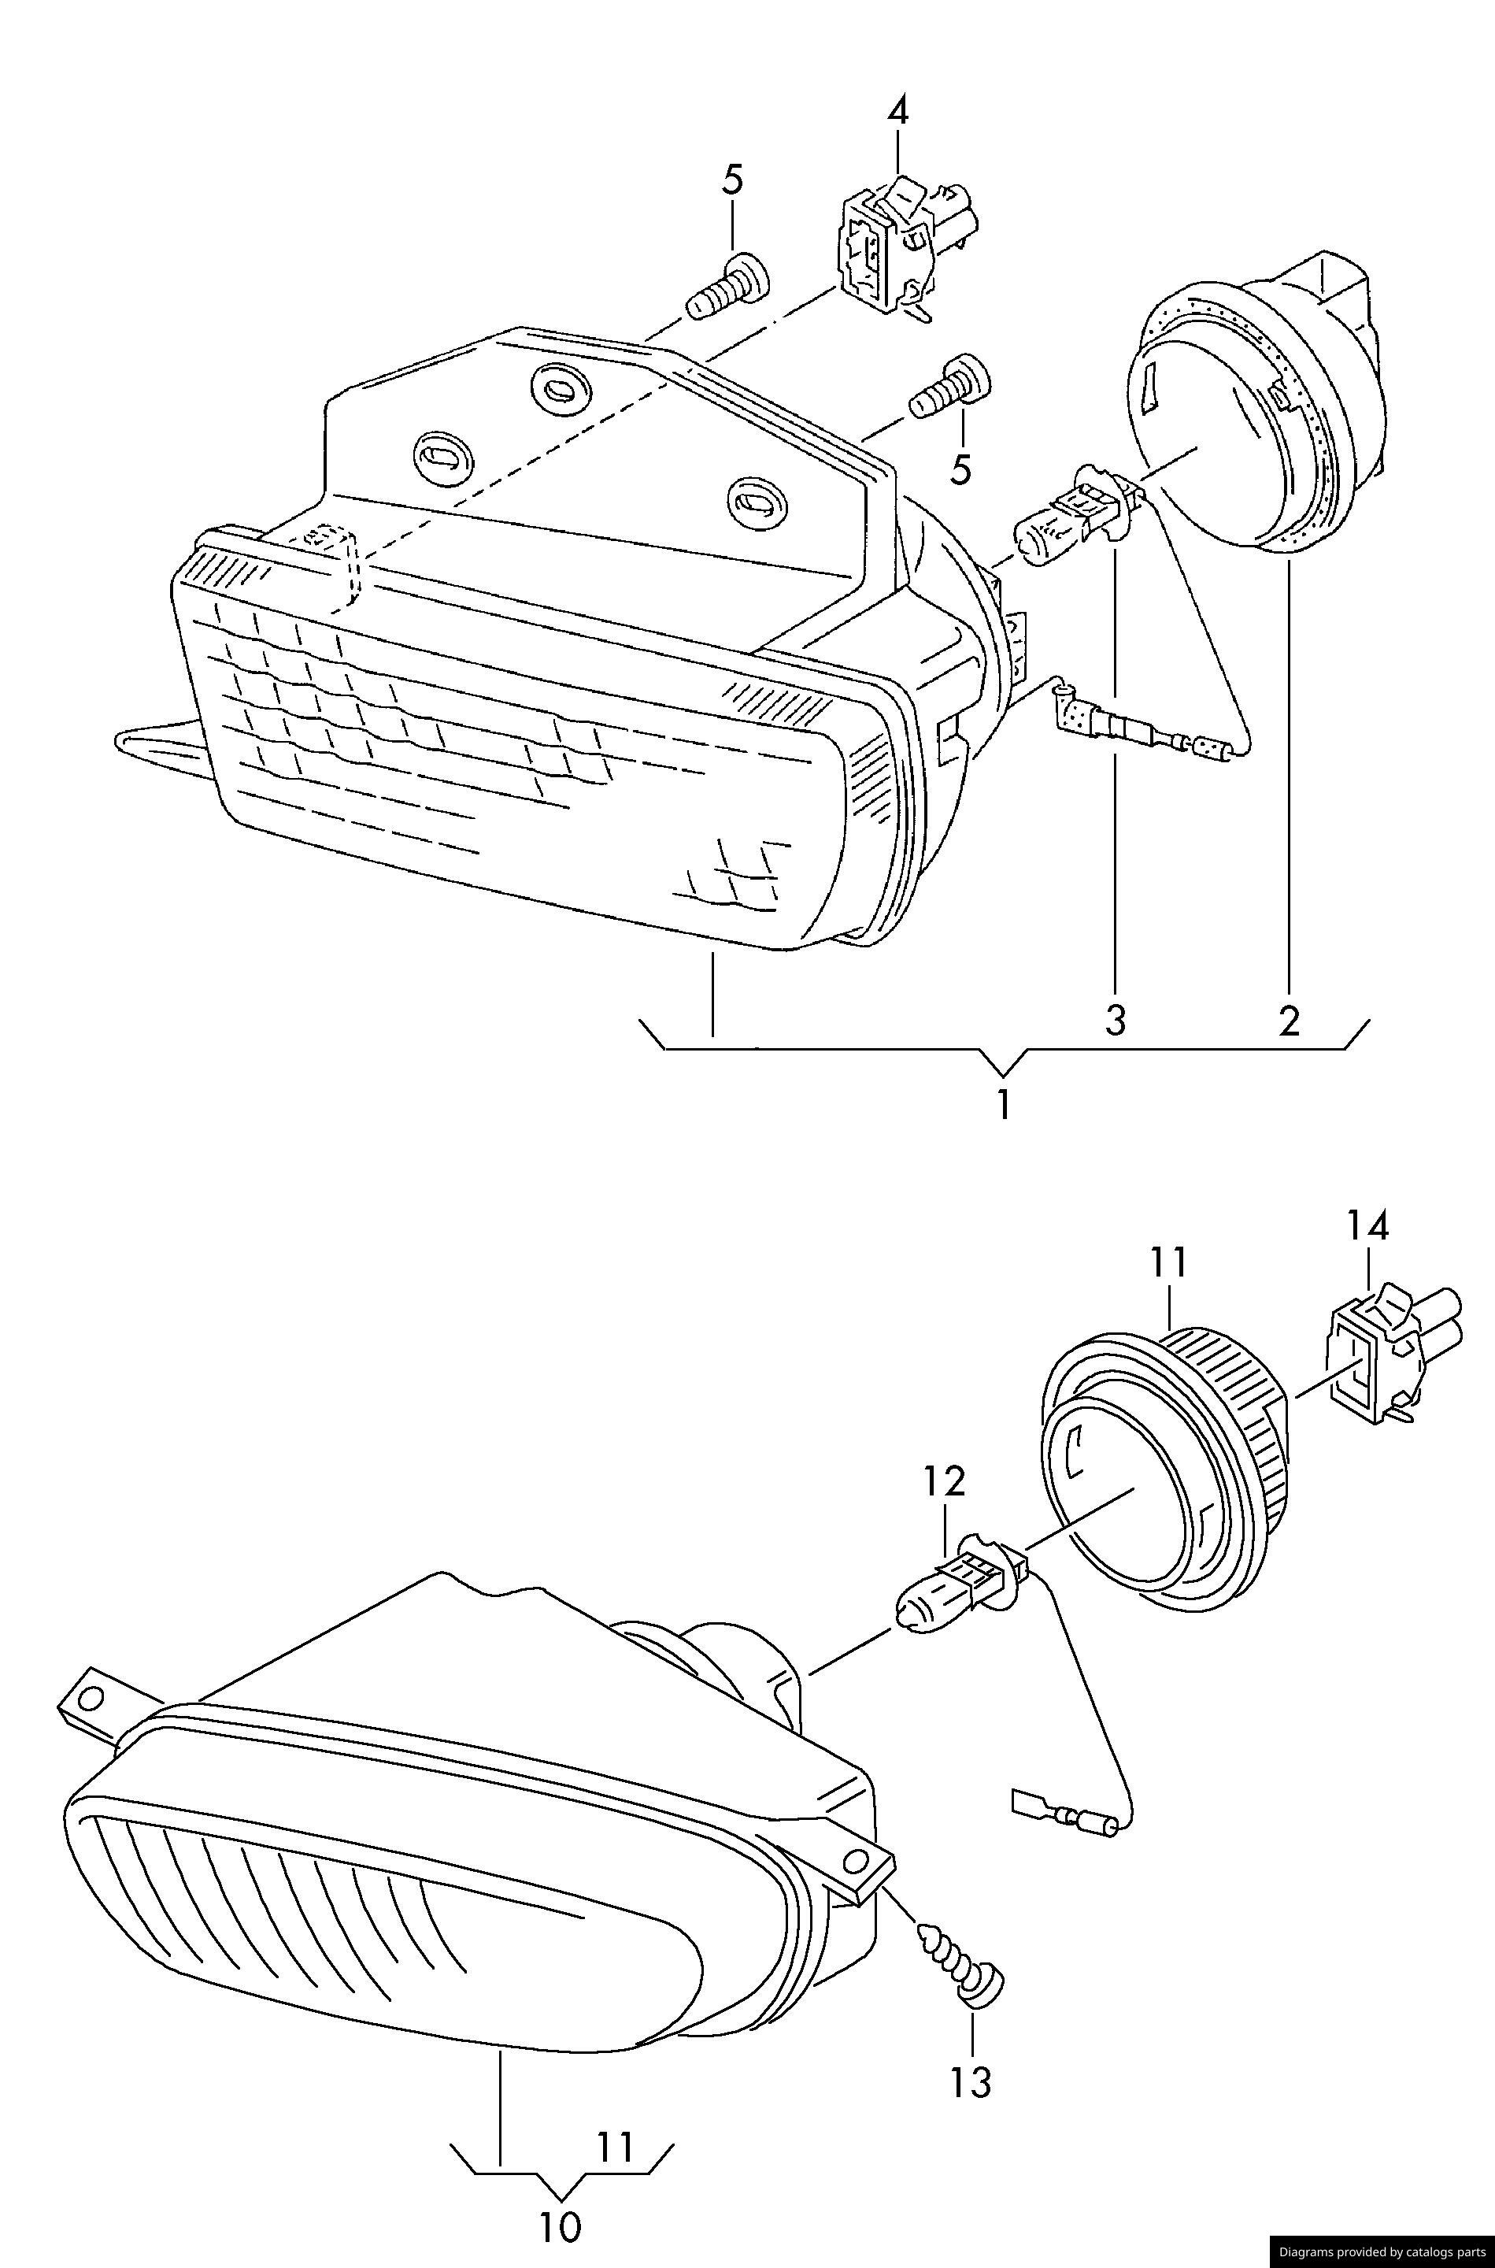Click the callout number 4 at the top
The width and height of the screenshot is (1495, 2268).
click(897, 112)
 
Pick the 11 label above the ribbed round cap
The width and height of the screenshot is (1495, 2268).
click(1168, 1262)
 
